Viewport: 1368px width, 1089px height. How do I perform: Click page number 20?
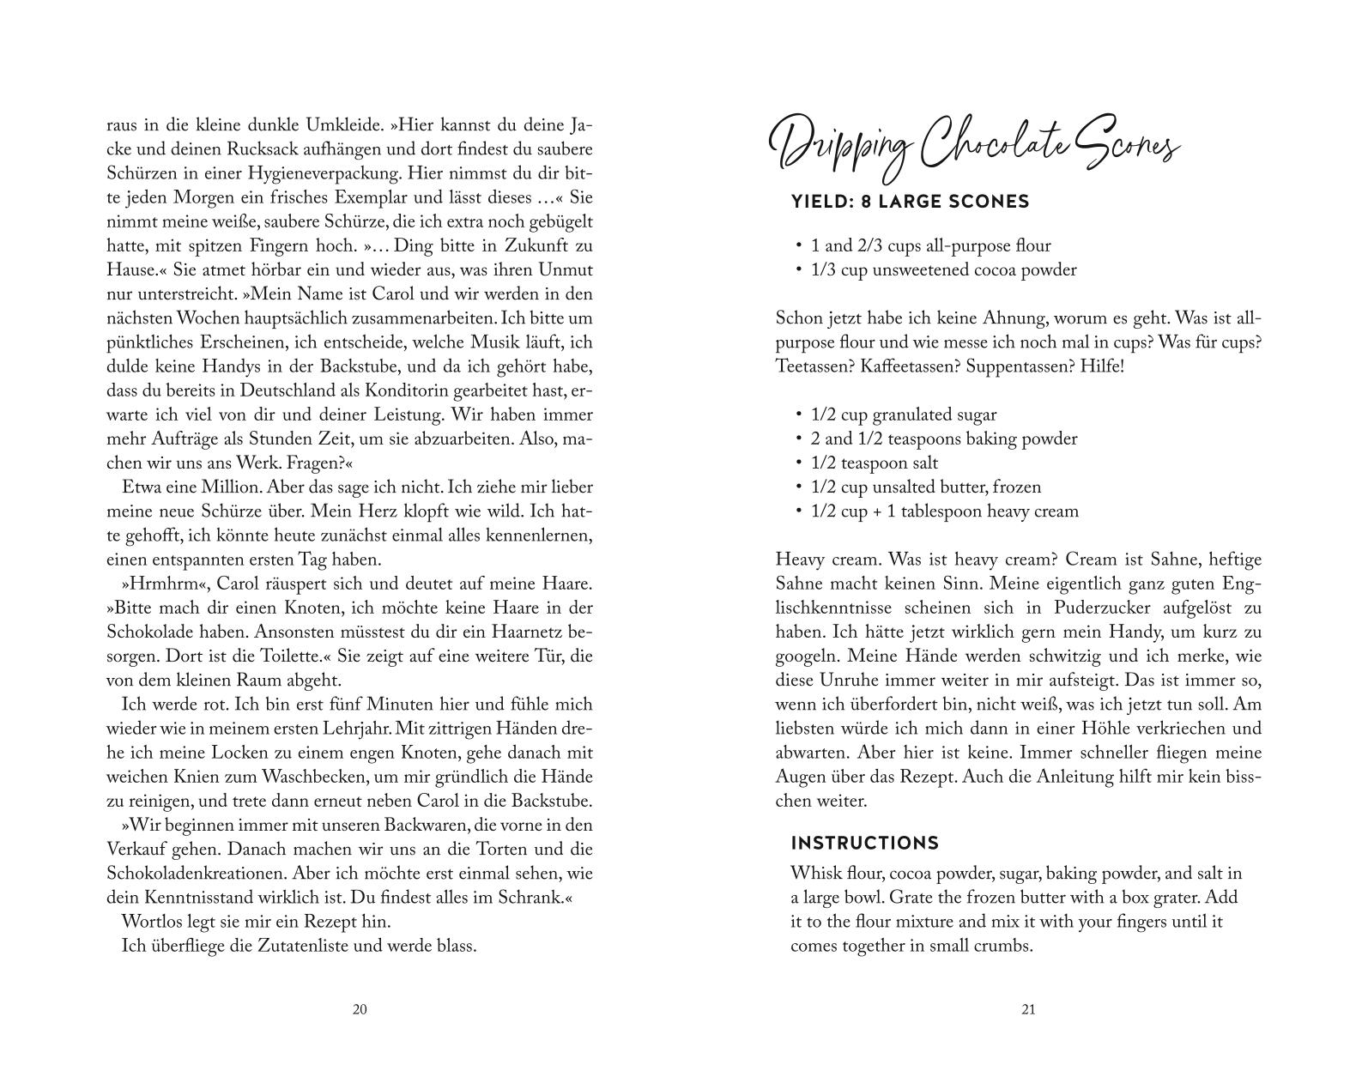pyautogui.click(x=360, y=1009)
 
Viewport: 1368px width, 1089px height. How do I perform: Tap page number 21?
pyautogui.click(x=1029, y=1009)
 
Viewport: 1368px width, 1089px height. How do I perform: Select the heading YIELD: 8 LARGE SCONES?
pyautogui.click(x=910, y=202)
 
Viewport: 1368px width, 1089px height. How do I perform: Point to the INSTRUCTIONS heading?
pyautogui.click(x=865, y=843)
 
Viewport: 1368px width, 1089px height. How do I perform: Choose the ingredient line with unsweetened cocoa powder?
pyautogui.click(x=943, y=269)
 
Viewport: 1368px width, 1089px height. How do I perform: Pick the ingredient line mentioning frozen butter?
pyautogui.click(x=925, y=487)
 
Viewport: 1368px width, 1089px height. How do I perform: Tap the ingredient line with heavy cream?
pyautogui.click(x=944, y=511)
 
